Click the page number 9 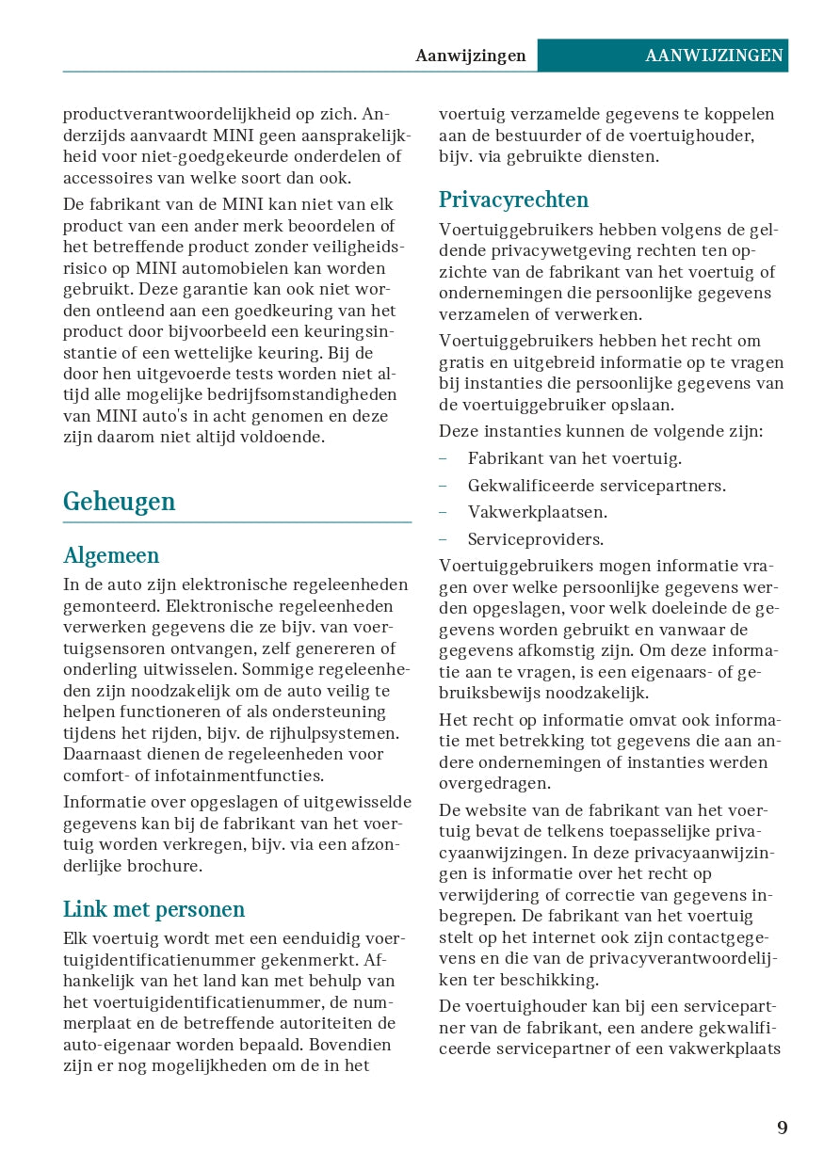pos(782,1128)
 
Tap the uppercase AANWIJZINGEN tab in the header pos(714,56)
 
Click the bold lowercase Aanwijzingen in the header pos(471,56)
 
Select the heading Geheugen pos(119,502)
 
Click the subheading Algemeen pos(111,555)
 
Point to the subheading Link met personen pos(153,909)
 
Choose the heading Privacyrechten pos(513,200)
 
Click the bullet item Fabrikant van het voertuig pos(574,458)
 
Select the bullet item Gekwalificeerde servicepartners pos(596,486)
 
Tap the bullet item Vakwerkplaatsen pos(537,512)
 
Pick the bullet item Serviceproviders pos(535,539)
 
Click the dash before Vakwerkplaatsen pos(443,512)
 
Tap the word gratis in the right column pos(462,362)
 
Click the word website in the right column pos(502,810)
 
